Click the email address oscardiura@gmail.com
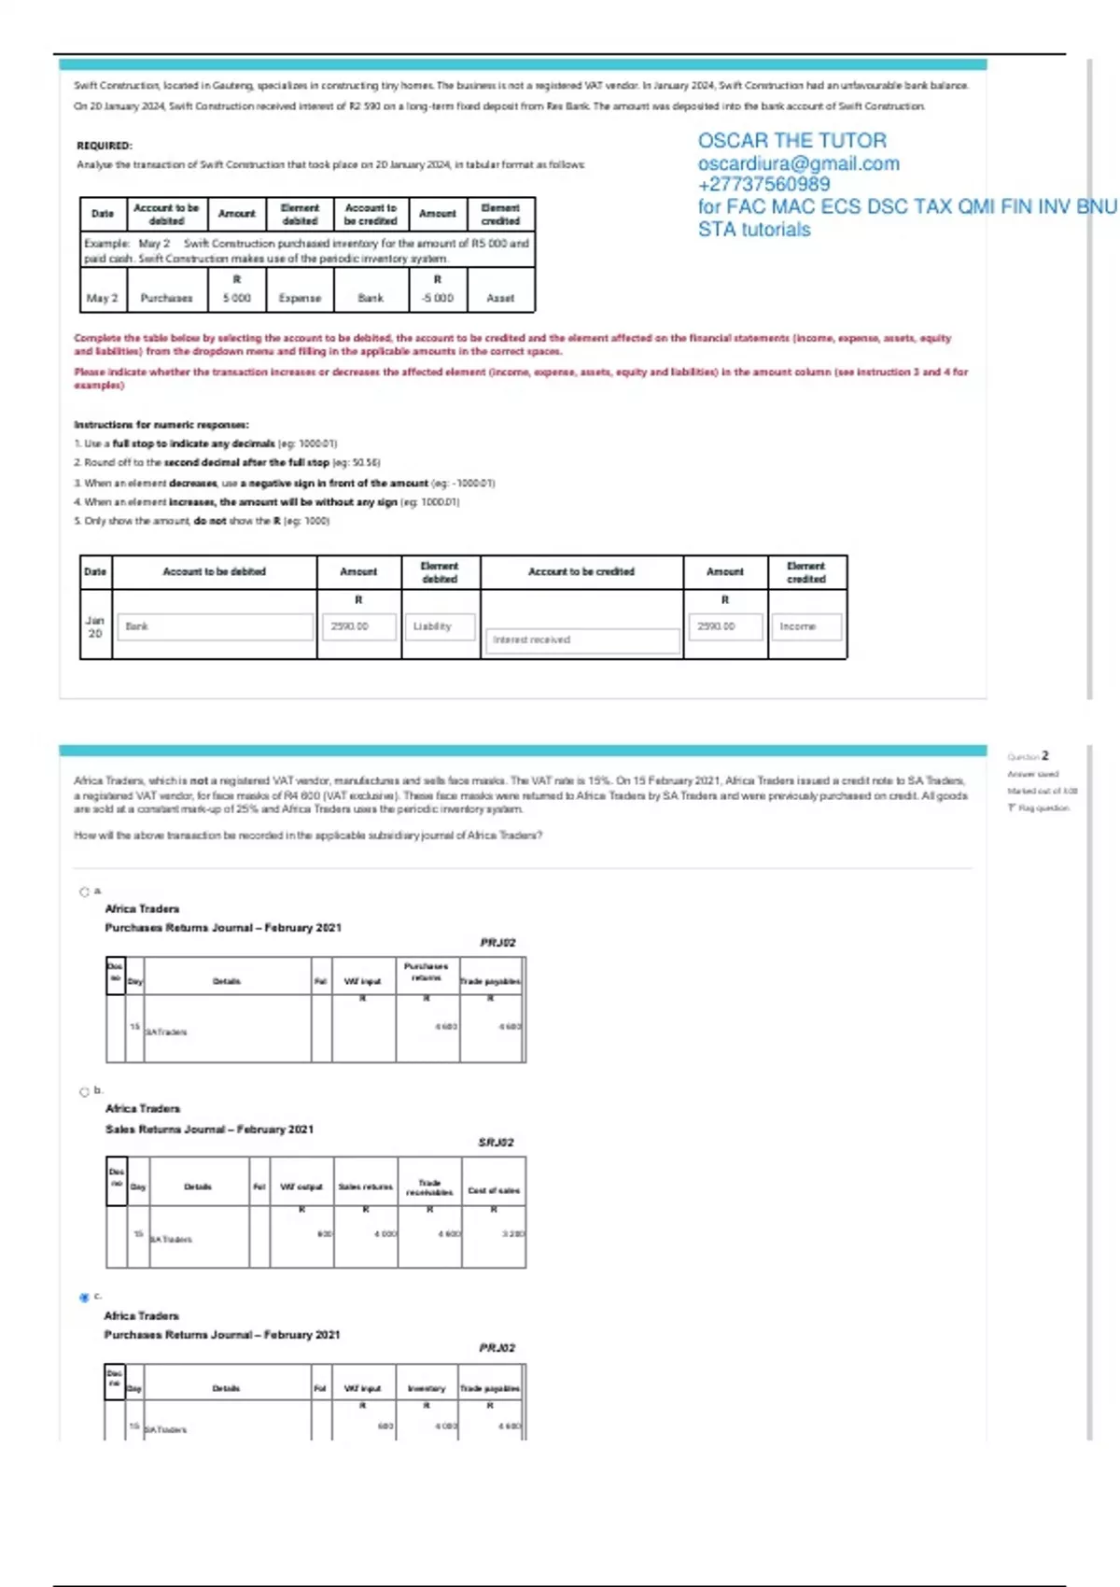(798, 163)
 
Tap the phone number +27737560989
(763, 185)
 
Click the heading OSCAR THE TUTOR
(791, 141)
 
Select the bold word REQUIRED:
(105, 146)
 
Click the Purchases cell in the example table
(166, 299)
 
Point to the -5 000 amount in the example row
(437, 299)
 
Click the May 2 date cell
(103, 299)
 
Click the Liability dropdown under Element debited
(439, 626)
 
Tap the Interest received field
(582, 639)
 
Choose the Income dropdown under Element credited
(805, 626)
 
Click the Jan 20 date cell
(95, 626)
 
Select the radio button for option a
(84, 892)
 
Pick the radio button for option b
(84, 1091)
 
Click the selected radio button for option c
(84, 1298)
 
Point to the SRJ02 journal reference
(496, 1143)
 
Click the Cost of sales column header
(494, 1190)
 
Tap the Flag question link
(1040, 808)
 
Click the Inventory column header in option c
(427, 1389)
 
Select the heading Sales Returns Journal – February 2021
(209, 1130)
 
